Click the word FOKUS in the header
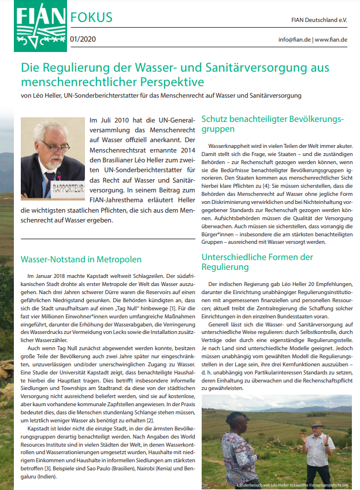pyautogui.click(x=91, y=17)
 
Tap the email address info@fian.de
pyautogui.click(x=295, y=40)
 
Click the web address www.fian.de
pyautogui.click(x=332, y=40)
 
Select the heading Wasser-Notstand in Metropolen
pyautogui.click(x=81, y=259)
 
